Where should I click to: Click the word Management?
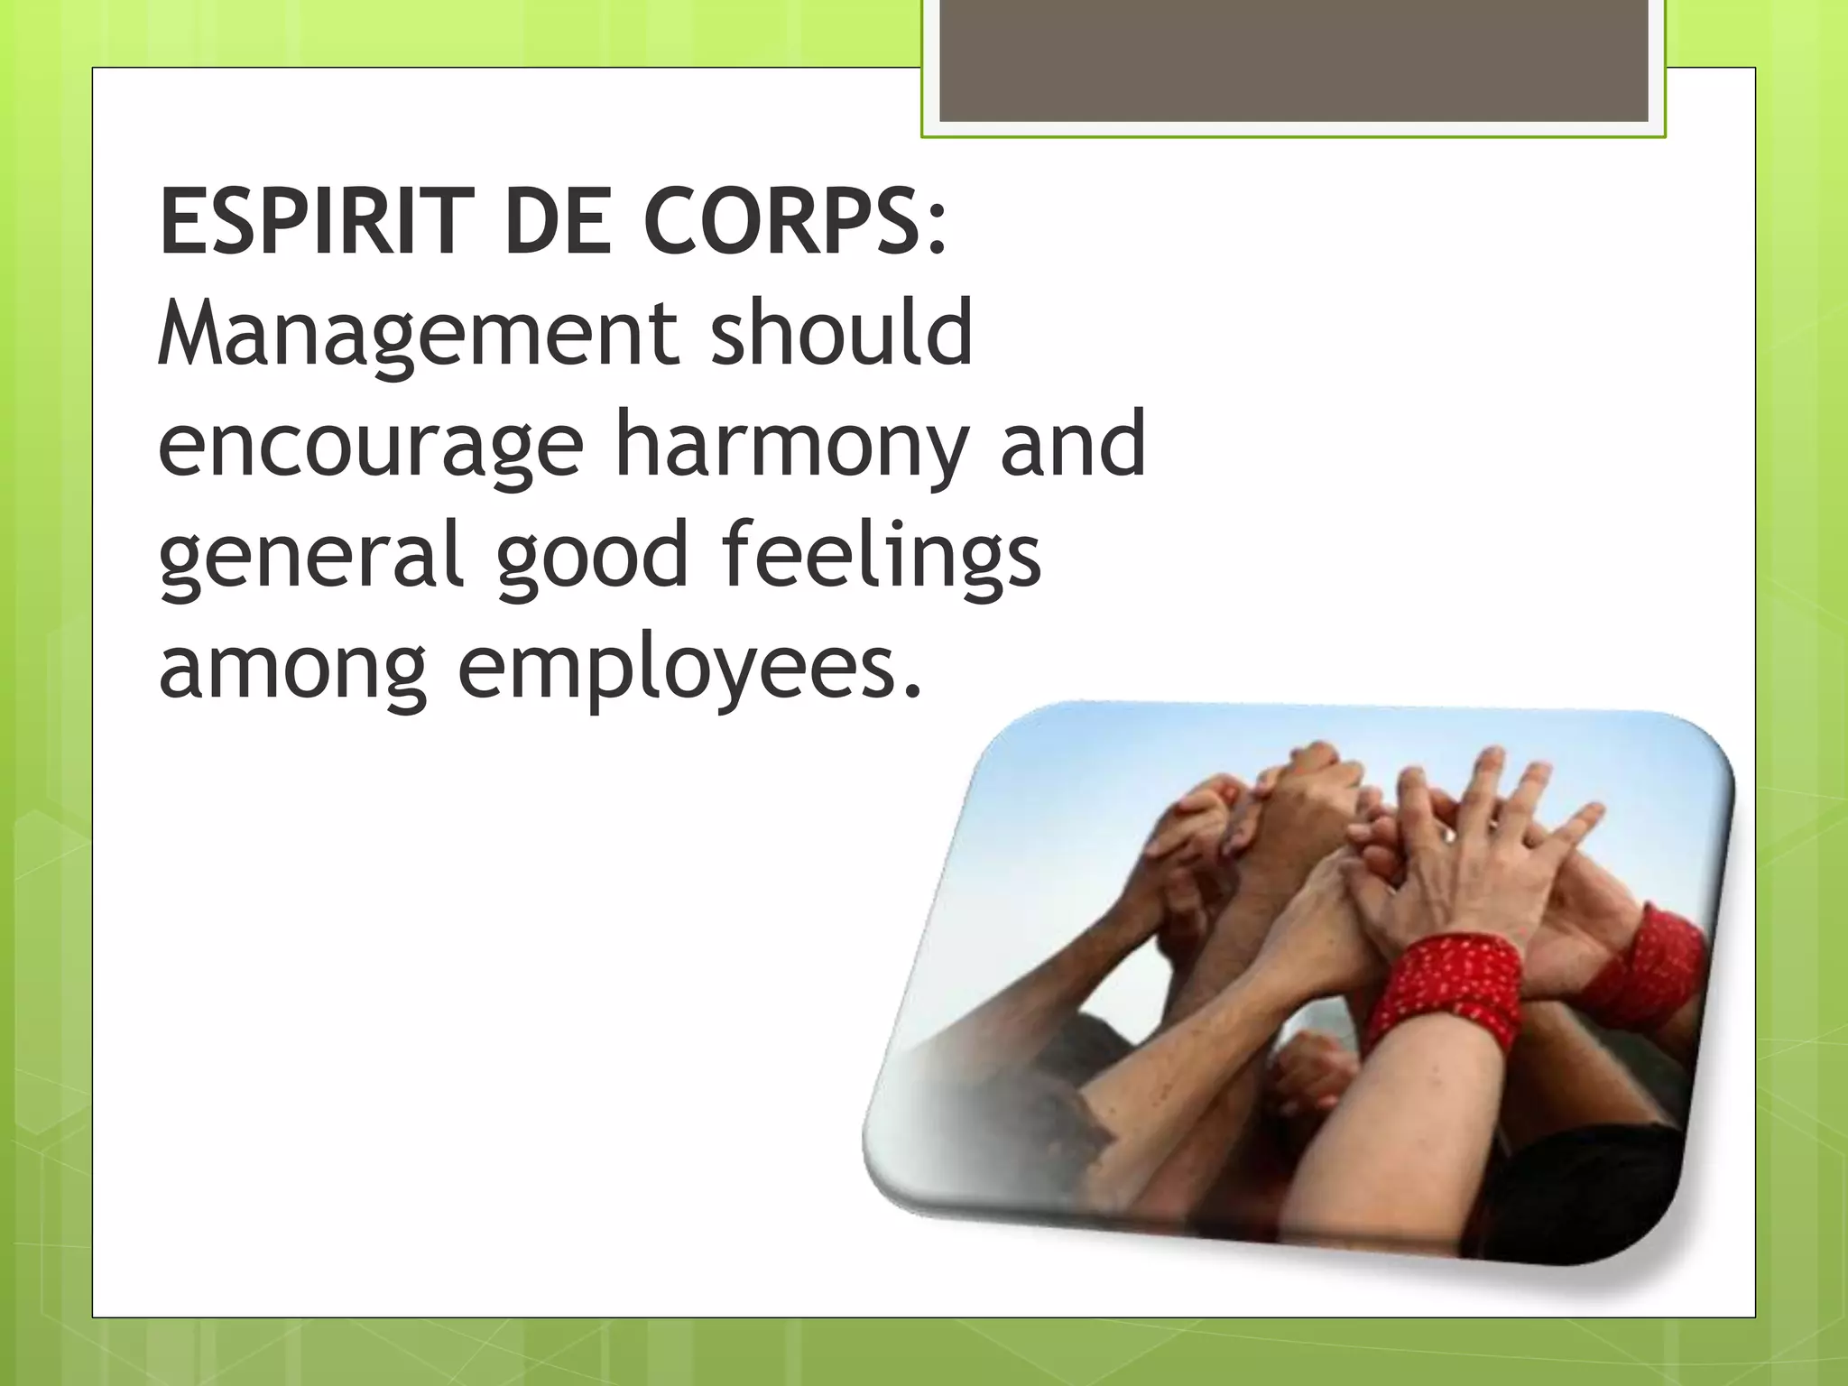[416, 337]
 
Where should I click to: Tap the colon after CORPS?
[937, 231]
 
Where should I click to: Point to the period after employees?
[913, 693]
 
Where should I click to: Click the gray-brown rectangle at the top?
[1293, 60]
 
